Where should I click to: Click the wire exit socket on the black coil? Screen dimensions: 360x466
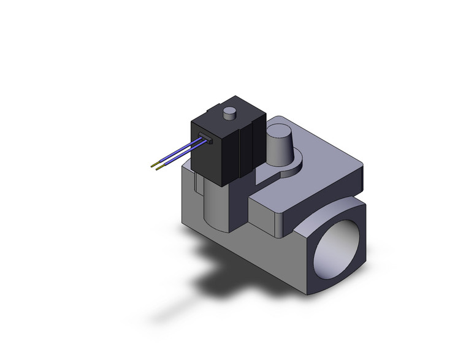pyautogui.click(x=205, y=137)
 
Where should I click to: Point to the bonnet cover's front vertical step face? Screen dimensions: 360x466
pyautogui.click(x=267, y=212)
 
